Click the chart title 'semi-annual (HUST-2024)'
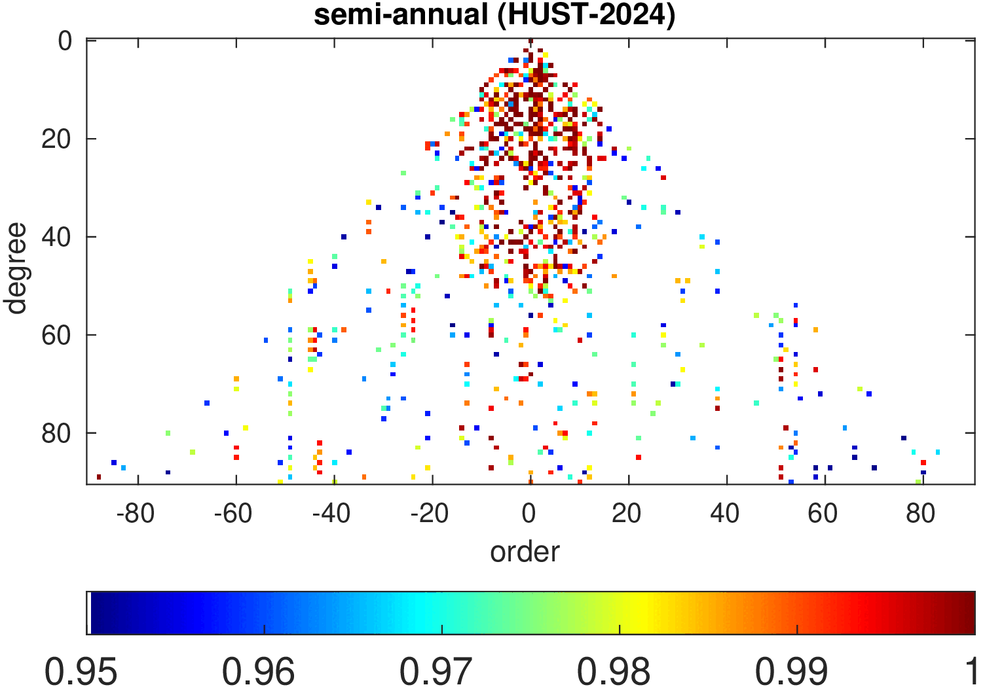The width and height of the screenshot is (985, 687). pyautogui.click(x=494, y=14)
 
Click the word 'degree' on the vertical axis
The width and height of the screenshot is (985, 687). pyautogui.click(x=16, y=268)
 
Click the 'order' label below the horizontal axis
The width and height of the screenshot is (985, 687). pyautogui.click(x=525, y=552)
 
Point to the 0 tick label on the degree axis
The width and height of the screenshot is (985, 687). pyautogui.click(x=65, y=41)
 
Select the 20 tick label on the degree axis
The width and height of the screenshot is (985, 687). pyautogui.click(x=57, y=139)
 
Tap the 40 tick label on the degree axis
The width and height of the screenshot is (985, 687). pyautogui.click(x=57, y=237)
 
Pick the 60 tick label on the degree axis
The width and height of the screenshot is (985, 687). pyautogui.click(x=57, y=335)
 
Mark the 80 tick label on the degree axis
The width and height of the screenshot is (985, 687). pyautogui.click(x=57, y=433)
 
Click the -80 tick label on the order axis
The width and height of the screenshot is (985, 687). pyautogui.click(x=135, y=514)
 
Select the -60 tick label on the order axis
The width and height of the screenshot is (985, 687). pyautogui.click(x=233, y=514)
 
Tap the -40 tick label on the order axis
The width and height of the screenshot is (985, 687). pyautogui.click(x=331, y=514)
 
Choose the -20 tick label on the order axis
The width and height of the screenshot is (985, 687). pyautogui.click(x=430, y=514)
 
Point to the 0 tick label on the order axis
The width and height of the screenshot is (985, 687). pyautogui.click(x=529, y=514)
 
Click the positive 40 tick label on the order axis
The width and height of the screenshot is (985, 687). pyautogui.click(x=725, y=514)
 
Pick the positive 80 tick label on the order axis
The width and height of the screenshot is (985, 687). pyautogui.click(x=921, y=514)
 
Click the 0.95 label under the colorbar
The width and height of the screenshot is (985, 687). pyautogui.click(x=81, y=671)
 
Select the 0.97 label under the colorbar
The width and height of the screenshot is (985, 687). pyautogui.click(x=437, y=671)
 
